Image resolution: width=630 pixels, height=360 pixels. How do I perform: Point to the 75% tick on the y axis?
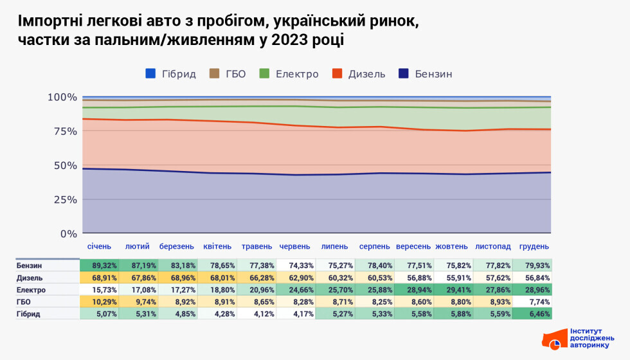[62, 131]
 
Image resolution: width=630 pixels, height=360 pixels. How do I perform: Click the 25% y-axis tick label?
[62, 199]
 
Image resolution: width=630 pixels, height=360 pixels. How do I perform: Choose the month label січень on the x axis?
[99, 246]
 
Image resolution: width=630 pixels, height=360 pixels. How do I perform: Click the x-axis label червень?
[295, 246]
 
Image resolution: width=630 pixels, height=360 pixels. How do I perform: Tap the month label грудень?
[534, 246]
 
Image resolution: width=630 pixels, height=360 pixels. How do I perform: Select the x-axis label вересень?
[413, 246]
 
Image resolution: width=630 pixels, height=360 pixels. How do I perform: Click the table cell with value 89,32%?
[99, 265]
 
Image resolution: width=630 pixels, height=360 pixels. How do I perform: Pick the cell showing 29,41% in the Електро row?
[453, 290]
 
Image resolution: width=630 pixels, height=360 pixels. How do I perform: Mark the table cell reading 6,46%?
[532, 314]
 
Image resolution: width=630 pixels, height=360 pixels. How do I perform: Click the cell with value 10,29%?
[99, 301]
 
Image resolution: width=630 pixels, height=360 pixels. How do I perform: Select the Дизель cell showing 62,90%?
[296, 278]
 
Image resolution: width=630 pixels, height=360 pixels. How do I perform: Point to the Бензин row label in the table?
[30, 265]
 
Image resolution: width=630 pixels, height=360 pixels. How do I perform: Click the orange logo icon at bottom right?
[553, 340]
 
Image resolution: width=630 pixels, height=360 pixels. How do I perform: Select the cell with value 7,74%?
[532, 301]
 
